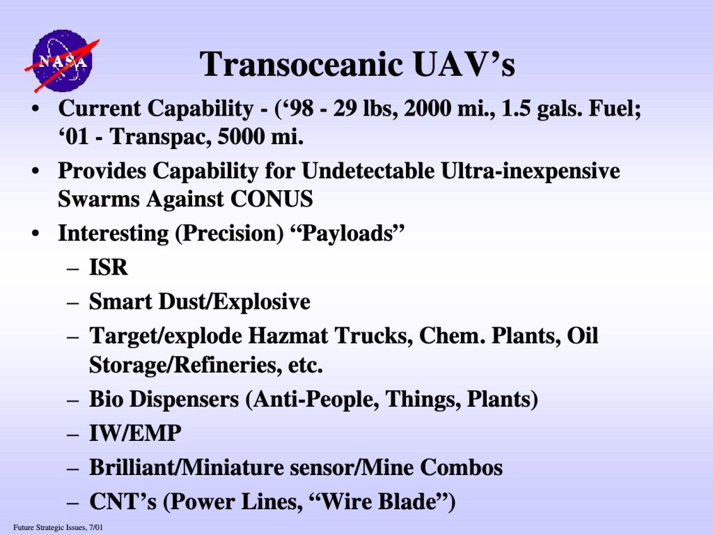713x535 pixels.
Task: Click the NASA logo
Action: (x=62, y=61)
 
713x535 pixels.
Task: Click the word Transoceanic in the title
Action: (x=301, y=64)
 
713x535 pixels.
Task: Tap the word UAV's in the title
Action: (x=464, y=64)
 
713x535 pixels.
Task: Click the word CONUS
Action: (x=272, y=199)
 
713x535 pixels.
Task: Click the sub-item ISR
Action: (x=108, y=267)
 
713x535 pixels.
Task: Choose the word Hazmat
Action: (x=288, y=336)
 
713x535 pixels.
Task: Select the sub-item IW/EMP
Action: (x=135, y=433)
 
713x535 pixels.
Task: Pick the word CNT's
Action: (x=123, y=502)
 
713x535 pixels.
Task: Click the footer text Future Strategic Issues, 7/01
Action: (x=58, y=528)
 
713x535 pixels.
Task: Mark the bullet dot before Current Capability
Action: (x=36, y=109)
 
